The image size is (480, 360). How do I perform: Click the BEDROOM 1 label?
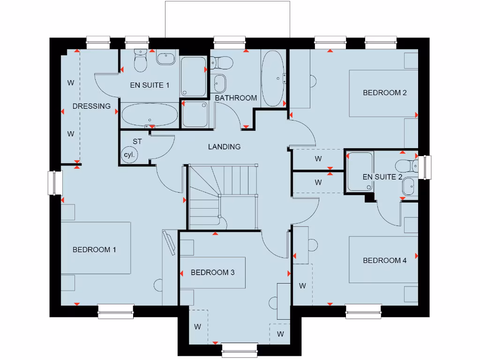[94, 250]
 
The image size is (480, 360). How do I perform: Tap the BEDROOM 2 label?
[384, 93]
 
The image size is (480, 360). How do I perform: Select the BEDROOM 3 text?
[212, 272]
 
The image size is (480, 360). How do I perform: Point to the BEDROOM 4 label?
[384, 261]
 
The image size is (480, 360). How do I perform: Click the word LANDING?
[224, 147]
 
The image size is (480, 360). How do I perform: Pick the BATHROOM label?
[236, 98]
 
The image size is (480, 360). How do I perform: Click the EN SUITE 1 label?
[150, 85]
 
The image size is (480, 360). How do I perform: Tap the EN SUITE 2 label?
[382, 177]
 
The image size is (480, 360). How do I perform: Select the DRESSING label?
[91, 106]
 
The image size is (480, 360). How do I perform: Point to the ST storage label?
[137, 141]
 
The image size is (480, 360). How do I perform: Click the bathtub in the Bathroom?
[272, 79]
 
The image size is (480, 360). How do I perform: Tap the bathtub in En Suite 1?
[150, 115]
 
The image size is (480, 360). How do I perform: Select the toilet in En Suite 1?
[140, 61]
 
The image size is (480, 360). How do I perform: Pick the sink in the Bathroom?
[219, 83]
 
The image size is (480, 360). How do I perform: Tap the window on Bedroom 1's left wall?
[55, 183]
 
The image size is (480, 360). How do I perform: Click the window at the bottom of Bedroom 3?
[240, 349]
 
